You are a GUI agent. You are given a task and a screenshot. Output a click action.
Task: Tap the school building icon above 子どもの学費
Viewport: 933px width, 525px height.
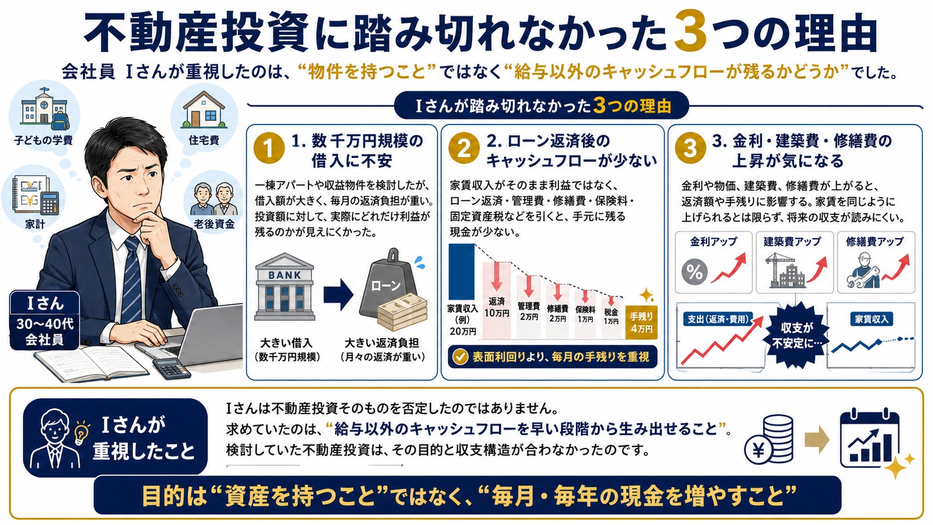[44, 108]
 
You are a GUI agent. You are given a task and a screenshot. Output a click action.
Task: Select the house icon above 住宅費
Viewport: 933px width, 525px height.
[204, 109]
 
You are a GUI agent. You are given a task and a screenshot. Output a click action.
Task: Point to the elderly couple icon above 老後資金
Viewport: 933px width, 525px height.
[213, 199]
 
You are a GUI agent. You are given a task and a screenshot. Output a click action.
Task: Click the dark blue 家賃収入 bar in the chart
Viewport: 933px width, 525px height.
[461, 272]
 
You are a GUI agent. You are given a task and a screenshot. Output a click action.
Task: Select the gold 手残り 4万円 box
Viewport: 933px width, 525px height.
[642, 322]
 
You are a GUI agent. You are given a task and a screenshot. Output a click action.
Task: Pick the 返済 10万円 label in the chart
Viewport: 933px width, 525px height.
[497, 307]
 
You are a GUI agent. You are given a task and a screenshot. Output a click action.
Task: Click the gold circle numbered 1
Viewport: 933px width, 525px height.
[268, 148]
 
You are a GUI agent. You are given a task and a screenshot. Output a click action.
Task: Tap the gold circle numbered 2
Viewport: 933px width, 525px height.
[464, 148]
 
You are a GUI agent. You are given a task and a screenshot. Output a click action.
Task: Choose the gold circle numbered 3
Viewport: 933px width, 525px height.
[690, 148]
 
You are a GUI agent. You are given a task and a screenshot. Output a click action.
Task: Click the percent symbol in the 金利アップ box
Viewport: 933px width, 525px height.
[694, 272]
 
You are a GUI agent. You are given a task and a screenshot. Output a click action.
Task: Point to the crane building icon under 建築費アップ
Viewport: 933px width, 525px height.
[786, 270]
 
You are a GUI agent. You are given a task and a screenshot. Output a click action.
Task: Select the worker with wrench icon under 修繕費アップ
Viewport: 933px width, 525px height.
[863, 270]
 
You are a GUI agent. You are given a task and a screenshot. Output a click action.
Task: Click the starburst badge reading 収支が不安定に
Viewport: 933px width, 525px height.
[796, 335]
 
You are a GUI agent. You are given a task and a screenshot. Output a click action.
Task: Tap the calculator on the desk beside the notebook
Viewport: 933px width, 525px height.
[172, 368]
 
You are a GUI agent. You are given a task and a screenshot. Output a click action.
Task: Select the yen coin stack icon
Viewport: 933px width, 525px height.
[769, 441]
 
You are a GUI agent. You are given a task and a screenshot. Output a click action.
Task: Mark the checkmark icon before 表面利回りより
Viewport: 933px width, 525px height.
[460, 357]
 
